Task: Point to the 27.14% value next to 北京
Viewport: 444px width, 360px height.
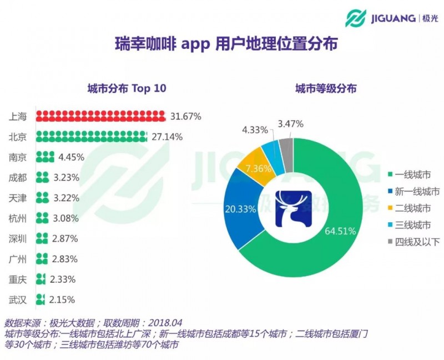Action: tap(167, 137)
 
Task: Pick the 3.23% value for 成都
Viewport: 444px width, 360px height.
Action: tap(69, 178)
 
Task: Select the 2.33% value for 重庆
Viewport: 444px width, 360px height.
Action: tap(62, 279)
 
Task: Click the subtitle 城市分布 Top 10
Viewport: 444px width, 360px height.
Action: tap(127, 89)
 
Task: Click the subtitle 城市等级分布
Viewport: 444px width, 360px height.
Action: tap(326, 89)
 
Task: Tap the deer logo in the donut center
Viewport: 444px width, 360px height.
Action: tap(294, 209)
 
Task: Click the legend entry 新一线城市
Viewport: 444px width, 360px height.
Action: tap(419, 192)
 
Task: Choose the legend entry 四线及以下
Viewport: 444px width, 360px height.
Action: tap(419, 242)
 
